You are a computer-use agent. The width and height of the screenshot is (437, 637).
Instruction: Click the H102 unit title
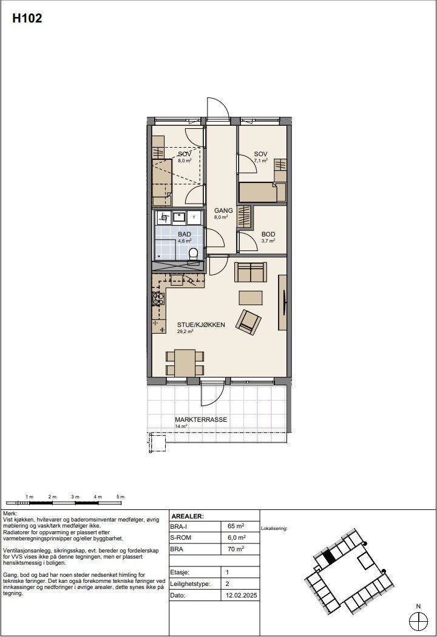27,19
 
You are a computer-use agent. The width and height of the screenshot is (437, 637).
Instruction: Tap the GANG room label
223,210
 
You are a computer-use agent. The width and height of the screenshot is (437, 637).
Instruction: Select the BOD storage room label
268,234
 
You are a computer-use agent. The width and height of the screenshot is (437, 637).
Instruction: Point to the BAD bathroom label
185,234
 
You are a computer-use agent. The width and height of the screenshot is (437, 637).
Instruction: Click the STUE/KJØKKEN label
201,325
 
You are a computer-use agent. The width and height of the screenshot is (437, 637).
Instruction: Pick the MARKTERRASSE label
201,420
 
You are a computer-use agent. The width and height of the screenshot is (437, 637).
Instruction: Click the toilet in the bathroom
194,253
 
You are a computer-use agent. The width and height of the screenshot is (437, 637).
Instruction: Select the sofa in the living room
250,272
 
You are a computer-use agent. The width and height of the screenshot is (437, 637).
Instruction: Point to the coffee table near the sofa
251,297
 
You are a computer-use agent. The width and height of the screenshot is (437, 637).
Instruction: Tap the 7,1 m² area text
261,162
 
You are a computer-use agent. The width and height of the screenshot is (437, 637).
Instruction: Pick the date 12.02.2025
242,596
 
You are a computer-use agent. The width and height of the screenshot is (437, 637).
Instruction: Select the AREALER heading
188,516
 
